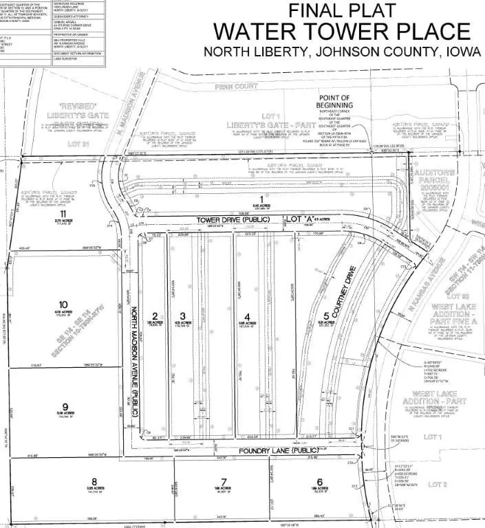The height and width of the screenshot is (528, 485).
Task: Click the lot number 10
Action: coord(63,304)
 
